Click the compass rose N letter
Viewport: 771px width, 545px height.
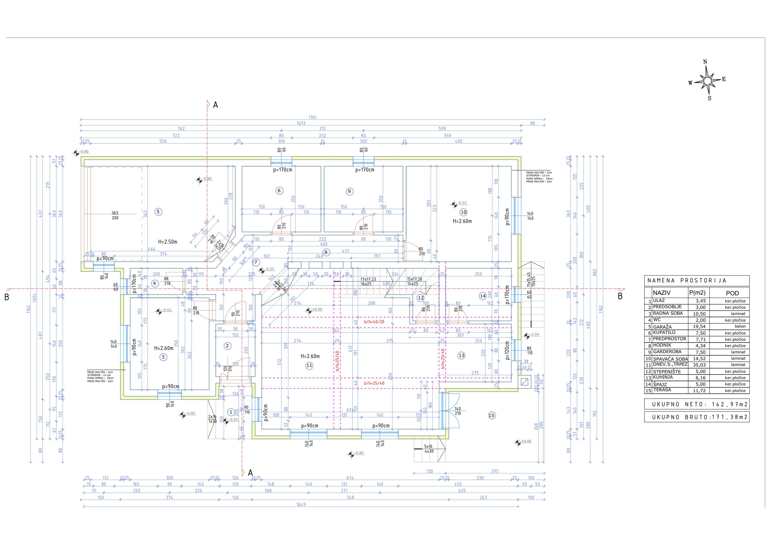[705, 62]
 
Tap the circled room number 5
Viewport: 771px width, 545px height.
[158, 212]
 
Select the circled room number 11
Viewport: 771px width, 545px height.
[309, 366]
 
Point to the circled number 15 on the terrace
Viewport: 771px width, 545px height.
[492, 415]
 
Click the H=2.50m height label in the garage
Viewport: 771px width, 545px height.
[168, 242]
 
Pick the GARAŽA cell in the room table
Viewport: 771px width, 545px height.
[662, 327]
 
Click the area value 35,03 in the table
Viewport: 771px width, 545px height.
[699, 365]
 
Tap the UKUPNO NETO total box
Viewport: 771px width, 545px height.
[697, 404]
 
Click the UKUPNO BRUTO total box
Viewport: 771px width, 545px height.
[697, 417]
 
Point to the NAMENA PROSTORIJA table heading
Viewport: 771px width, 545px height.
[687, 280]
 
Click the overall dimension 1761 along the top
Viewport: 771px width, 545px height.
[313, 118]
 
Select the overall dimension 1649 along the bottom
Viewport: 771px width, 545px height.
[301, 505]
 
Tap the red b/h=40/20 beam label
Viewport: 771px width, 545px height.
[374, 322]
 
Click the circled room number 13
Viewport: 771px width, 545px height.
[461, 356]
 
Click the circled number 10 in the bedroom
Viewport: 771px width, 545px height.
[464, 212]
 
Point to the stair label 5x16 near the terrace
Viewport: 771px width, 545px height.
[428, 447]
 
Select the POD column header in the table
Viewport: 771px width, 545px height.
[732, 293]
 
